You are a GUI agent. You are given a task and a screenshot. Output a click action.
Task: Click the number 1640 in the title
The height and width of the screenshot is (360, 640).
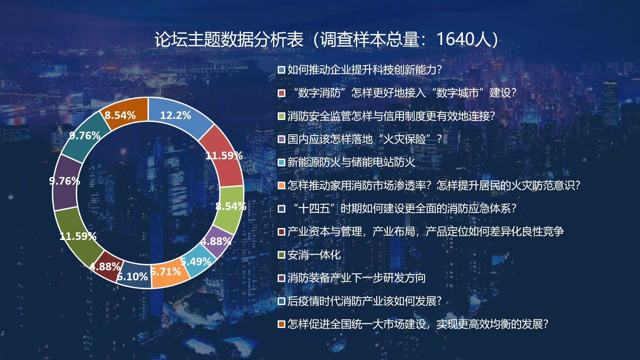455,39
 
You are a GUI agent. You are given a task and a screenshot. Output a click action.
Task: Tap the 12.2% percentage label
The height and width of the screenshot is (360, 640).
175,115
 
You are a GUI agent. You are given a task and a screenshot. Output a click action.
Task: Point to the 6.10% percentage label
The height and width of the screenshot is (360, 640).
132,277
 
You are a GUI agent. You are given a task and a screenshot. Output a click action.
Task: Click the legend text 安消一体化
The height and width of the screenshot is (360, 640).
314,255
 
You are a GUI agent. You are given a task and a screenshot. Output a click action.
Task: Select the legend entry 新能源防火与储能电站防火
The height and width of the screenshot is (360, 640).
351,162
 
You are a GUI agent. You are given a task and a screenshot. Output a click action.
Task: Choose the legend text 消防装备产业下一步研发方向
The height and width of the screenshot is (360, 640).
356,278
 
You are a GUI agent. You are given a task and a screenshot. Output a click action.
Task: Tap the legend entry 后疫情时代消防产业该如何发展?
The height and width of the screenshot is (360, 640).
364,301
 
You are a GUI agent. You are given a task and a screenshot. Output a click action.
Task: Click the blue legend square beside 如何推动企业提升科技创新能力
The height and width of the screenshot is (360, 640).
281,70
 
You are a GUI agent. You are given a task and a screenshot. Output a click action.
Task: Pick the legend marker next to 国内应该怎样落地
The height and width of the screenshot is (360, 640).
281,139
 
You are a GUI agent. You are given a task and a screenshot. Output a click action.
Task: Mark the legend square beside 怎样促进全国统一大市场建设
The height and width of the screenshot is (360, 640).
281,324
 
